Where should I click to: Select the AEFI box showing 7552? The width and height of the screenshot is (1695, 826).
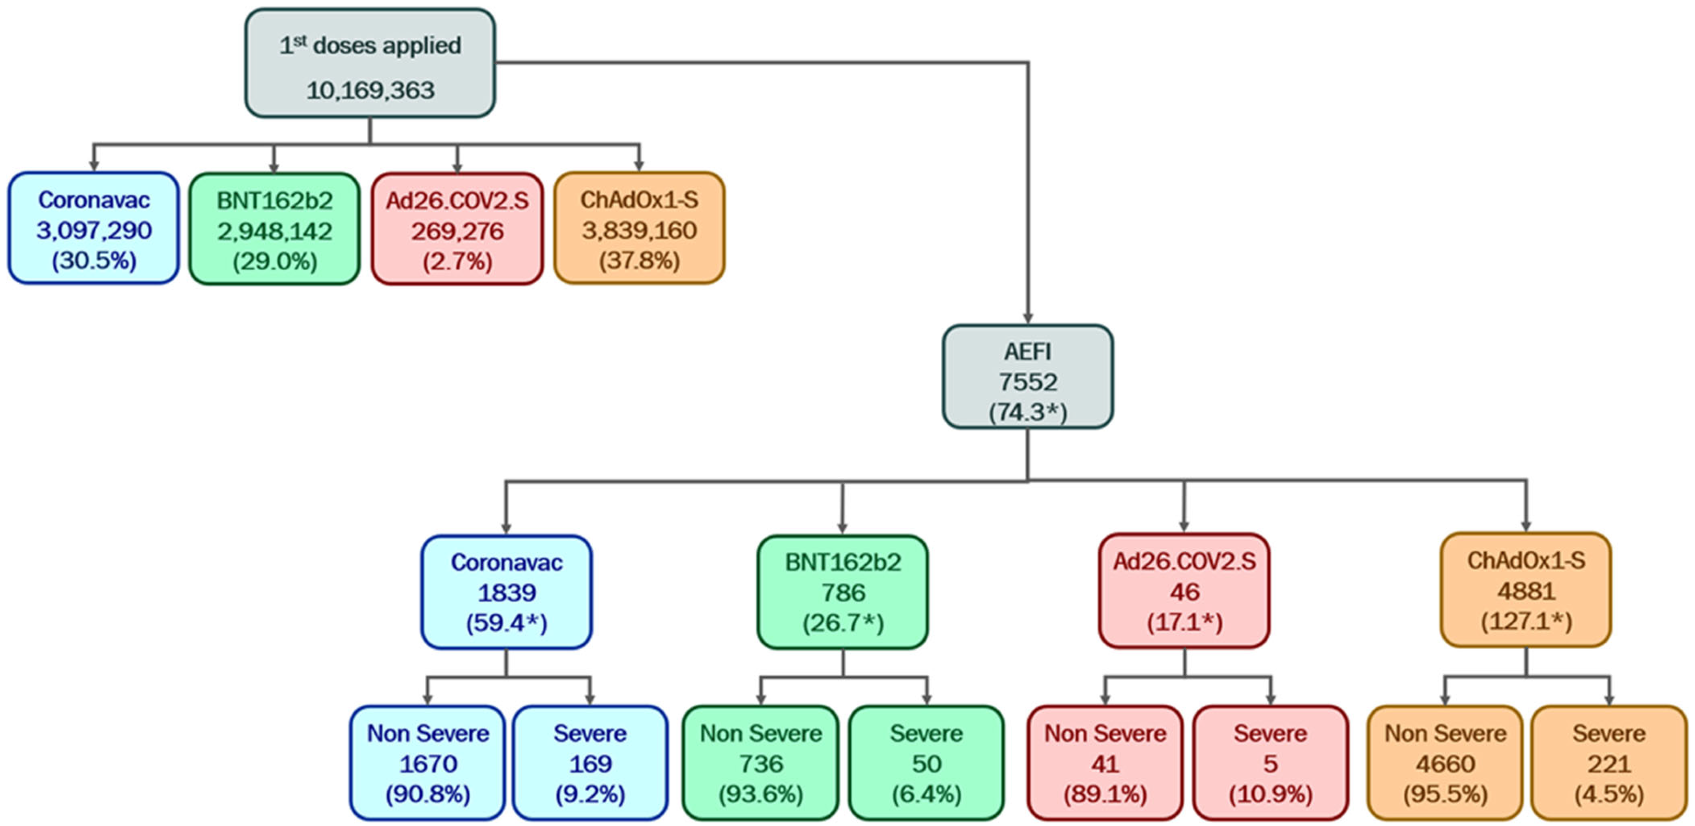[x=1027, y=377]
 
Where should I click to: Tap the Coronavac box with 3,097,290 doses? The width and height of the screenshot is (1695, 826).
[x=93, y=228]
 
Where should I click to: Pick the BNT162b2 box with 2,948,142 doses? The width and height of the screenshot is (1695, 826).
[x=275, y=228]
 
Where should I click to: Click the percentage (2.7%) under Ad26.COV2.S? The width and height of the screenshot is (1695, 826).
[x=457, y=261]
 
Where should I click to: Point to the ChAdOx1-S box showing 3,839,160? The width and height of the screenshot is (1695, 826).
[x=639, y=228]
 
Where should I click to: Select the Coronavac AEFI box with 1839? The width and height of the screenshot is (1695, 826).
[x=506, y=592]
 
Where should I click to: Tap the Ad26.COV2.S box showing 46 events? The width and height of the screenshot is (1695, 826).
[x=1184, y=590]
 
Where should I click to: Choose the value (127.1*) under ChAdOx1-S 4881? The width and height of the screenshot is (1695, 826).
[x=1526, y=621]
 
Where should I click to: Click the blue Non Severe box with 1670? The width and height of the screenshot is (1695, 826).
[x=427, y=763]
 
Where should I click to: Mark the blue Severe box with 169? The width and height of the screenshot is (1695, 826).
[x=590, y=763]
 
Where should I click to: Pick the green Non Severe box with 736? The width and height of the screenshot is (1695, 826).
[x=761, y=763]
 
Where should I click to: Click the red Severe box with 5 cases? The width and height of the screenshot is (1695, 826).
[x=1270, y=763]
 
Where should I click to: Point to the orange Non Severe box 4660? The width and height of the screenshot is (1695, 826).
[x=1445, y=763]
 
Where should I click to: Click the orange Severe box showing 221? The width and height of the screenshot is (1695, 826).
[x=1609, y=763]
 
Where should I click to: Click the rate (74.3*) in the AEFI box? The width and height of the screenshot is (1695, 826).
[x=1027, y=412]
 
